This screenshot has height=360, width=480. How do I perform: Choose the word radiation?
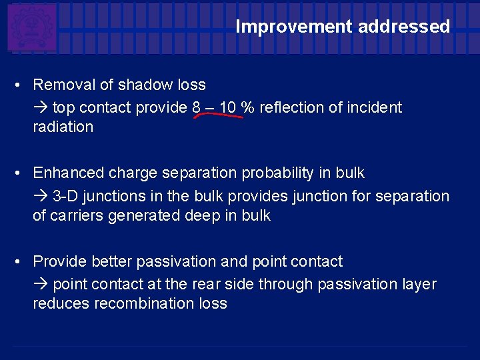(63, 127)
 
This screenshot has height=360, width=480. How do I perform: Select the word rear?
(207, 284)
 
